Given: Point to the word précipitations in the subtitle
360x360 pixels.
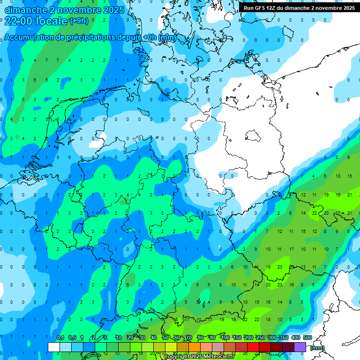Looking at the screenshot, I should [90, 37].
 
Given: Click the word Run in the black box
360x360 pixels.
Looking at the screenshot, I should [248, 8].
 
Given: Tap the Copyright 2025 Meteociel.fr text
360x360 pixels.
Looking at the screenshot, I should [199, 357].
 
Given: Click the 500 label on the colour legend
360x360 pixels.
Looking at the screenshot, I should [307, 338].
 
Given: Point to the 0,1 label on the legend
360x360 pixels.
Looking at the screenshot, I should [60, 338].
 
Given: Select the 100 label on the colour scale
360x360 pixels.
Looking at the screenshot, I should [225, 338].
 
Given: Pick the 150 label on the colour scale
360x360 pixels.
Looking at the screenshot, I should [237, 338].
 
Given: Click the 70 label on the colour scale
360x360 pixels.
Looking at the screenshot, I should [189, 338].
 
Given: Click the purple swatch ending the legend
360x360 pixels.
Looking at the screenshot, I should [300, 347].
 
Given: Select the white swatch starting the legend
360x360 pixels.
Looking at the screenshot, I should [53, 347].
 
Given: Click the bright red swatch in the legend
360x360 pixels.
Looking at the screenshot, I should [253, 347].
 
